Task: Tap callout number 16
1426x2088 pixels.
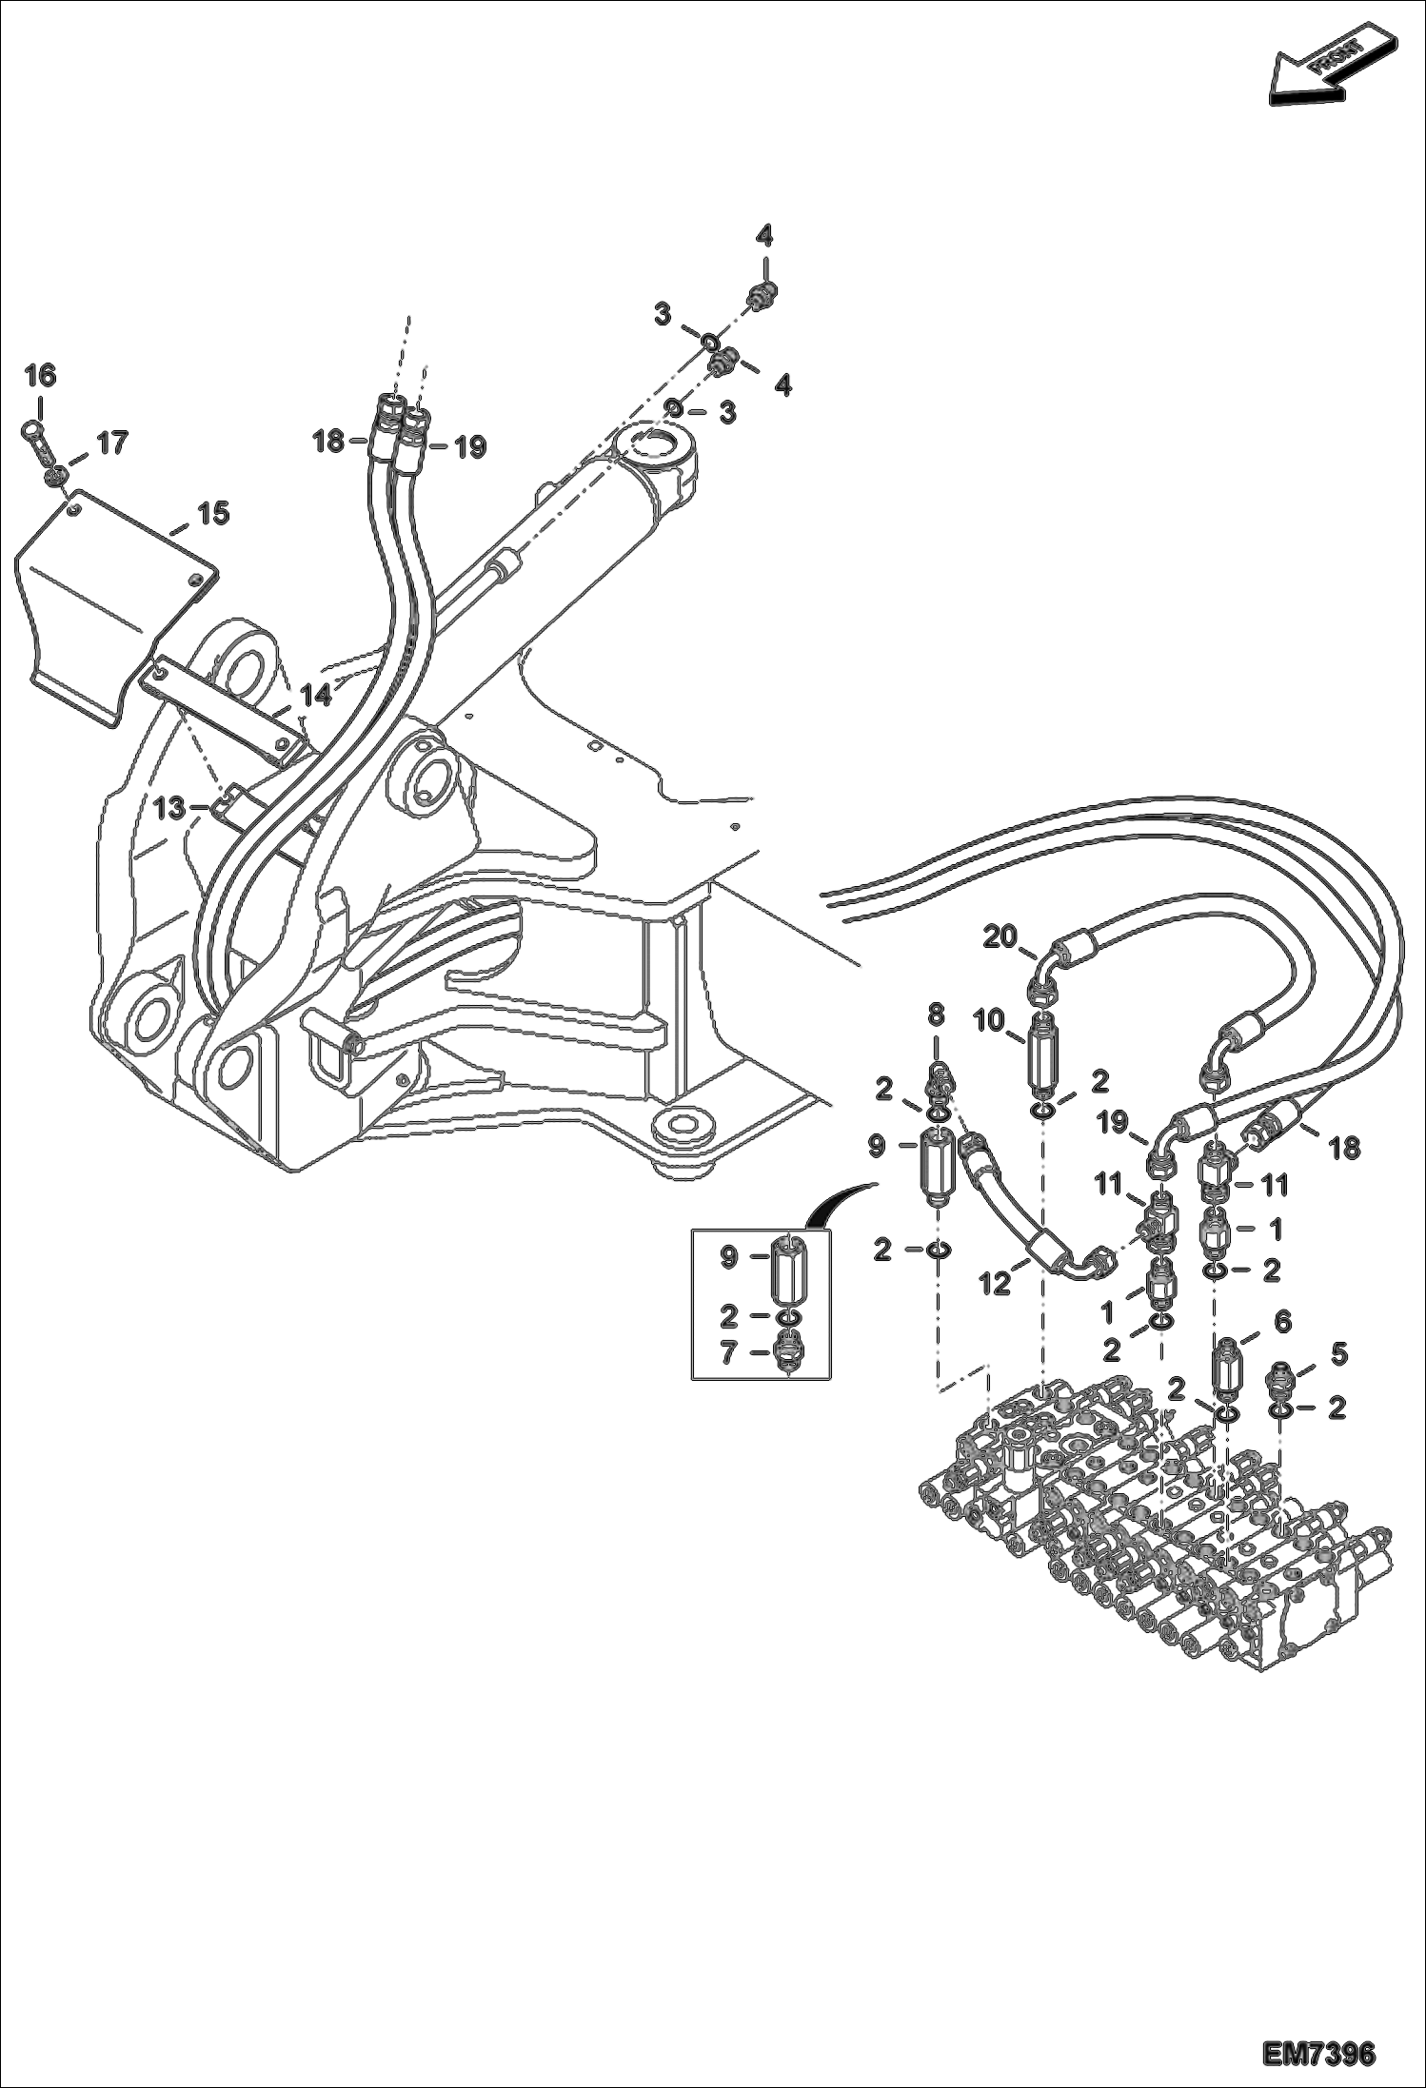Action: coord(40,376)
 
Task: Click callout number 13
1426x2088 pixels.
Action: coord(169,809)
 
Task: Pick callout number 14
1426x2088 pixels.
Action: coord(316,695)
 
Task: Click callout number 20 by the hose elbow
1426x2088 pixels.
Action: coord(1000,937)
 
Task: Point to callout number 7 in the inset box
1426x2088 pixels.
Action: coord(728,1351)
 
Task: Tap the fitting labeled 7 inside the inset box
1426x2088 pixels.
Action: coord(790,1352)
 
